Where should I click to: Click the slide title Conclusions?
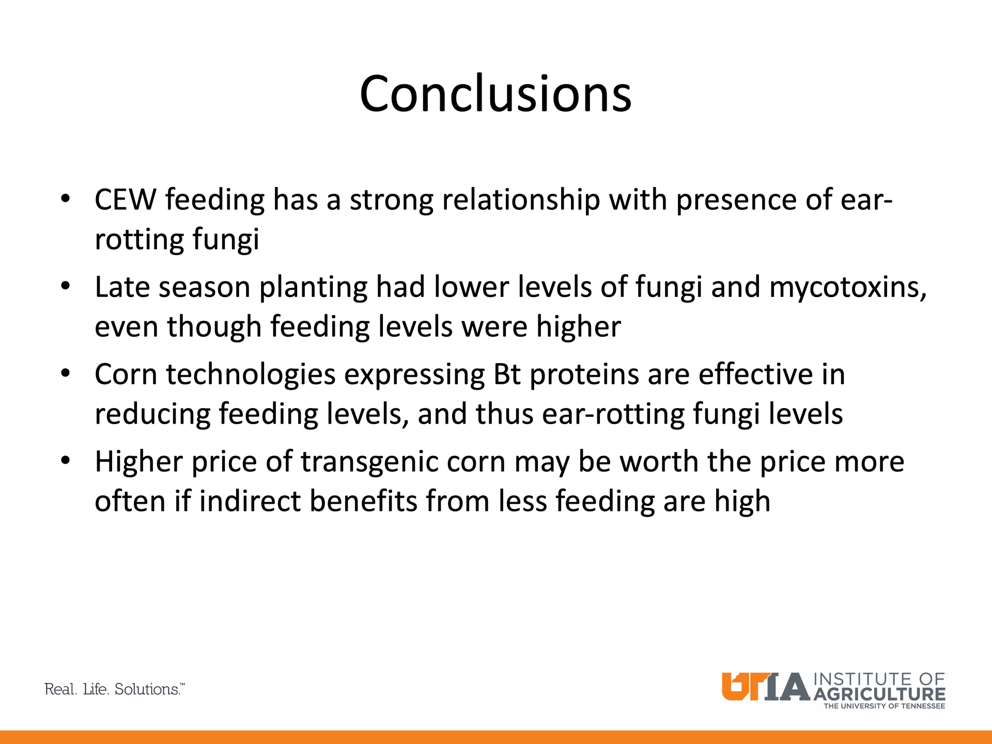click(x=495, y=94)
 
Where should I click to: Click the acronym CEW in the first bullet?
click(x=125, y=200)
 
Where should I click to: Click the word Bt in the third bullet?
click(x=507, y=375)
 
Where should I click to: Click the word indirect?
click(x=250, y=501)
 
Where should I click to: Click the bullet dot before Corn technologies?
click(x=65, y=374)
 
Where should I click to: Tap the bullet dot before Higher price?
click(x=65, y=461)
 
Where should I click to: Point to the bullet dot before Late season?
click(x=65, y=286)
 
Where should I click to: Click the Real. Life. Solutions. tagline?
click(x=115, y=689)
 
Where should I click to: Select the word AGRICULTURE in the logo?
click(x=879, y=694)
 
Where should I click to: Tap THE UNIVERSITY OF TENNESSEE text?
click(x=884, y=706)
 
